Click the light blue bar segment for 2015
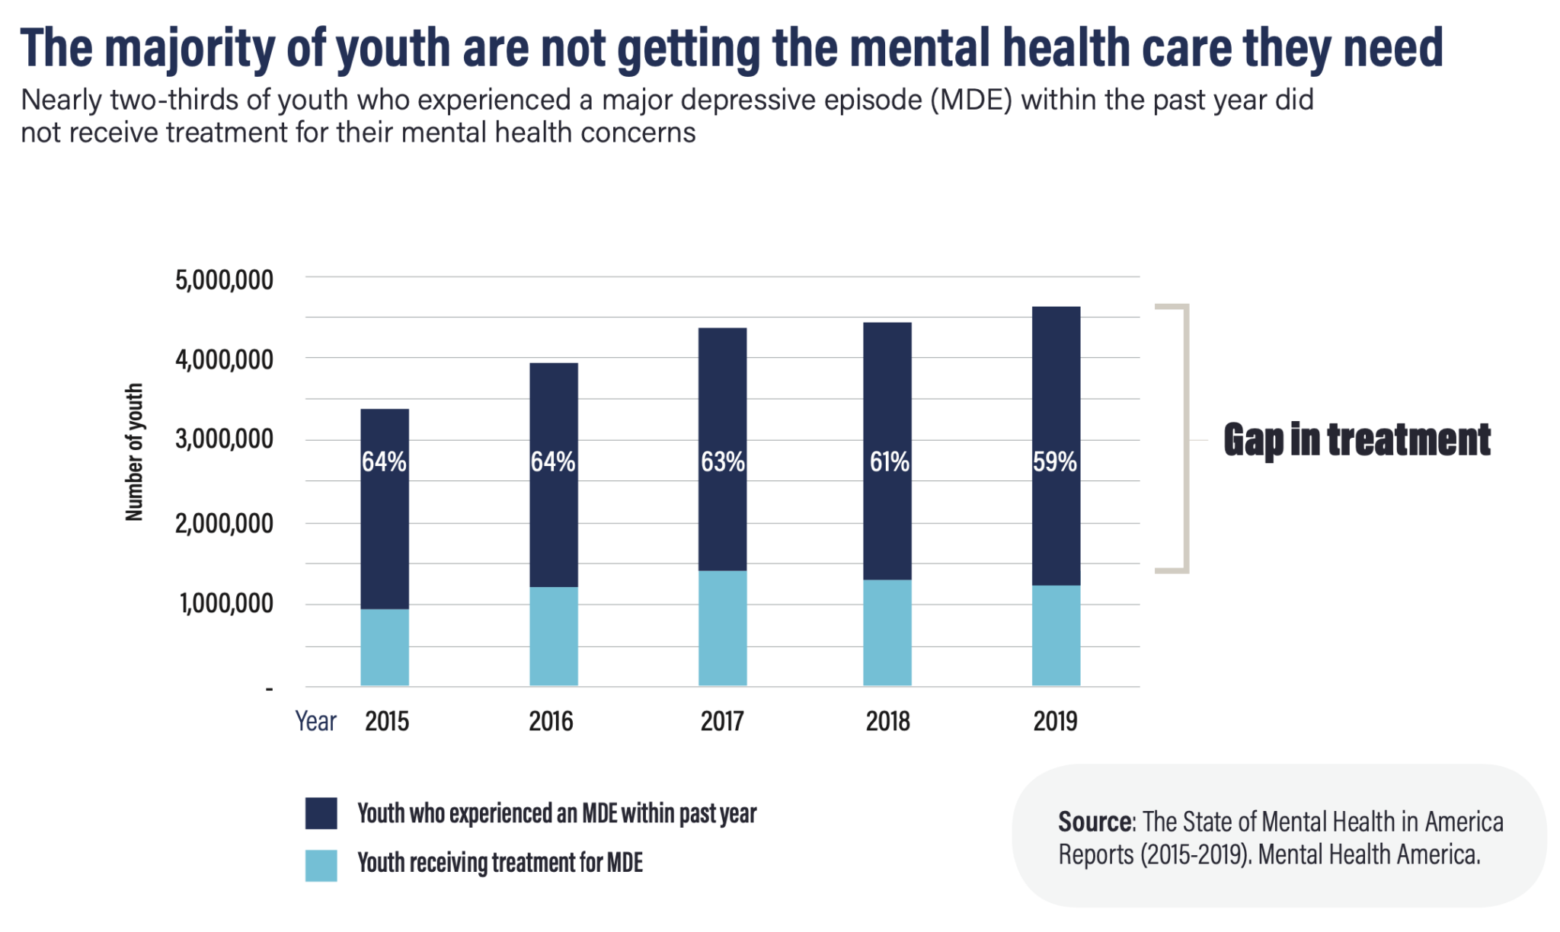click(x=385, y=647)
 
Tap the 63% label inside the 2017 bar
click(x=722, y=461)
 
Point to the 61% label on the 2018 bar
click(x=889, y=461)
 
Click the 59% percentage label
click(x=1055, y=461)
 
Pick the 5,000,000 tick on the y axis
click(x=224, y=280)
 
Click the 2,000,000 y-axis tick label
click(x=224, y=524)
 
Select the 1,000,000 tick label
click(x=225, y=604)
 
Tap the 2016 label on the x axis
click(x=551, y=721)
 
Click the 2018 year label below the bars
click(x=887, y=721)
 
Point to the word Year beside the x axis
click(x=315, y=721)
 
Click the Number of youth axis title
click(x=134, y=452)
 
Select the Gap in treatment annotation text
click(x=1357, y=440)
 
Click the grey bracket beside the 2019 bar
click(x=1184, y=438)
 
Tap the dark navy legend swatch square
click(x=321, y=813)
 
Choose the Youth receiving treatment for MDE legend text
click(x=500, y=863)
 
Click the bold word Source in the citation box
click(x=1095, y=822)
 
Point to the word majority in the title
click(x=190, y=47)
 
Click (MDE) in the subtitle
click(x=970, y=100)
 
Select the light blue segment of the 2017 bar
click(x=722, y=628)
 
